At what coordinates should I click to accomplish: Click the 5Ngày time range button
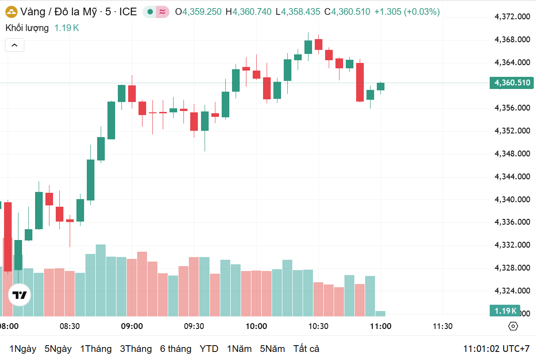pos(58,349)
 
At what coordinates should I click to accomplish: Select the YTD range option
pos(209,349)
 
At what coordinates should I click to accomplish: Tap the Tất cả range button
pos(306,349)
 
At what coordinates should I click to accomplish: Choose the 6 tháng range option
pos(175,349)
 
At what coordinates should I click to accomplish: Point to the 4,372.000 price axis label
pos(512,17)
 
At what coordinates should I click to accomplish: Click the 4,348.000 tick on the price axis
pos(512,154)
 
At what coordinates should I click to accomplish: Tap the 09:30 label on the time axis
pos(194,326)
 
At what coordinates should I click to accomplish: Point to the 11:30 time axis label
pos(442,326)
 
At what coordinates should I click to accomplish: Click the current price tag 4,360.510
pos(512,83)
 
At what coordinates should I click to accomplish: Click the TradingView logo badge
pos(20,296)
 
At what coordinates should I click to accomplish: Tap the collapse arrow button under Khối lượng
pos(14,45)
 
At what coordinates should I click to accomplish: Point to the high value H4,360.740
pos(248,12)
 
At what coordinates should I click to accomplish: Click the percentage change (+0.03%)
pos(422,12)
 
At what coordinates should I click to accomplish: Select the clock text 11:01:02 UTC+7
pos(496,349)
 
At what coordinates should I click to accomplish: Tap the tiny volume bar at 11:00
pos(380,313)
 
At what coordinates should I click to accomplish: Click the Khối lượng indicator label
pos(27,28)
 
